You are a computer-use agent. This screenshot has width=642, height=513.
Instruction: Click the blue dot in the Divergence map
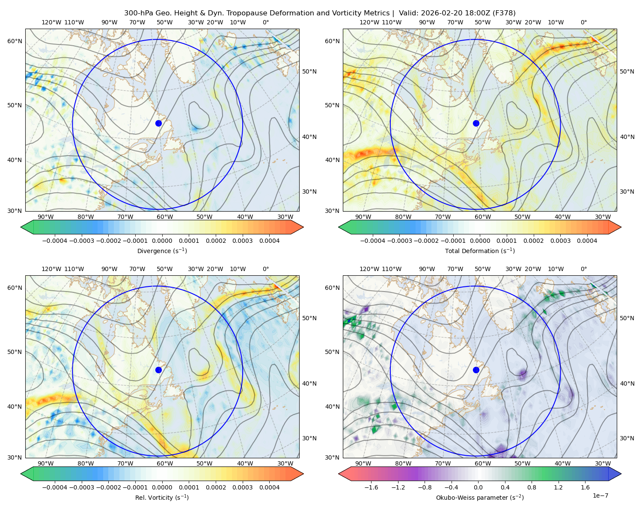click(x=158, y=123)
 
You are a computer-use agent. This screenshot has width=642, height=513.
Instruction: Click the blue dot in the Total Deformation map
click(x=476, y=123)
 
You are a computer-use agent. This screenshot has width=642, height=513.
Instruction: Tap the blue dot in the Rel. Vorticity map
click(x=158, y=370)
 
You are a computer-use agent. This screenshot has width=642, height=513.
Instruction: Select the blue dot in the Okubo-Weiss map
click(x=476, y=370)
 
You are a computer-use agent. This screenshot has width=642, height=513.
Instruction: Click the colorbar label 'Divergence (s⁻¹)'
click(x=162, y=251)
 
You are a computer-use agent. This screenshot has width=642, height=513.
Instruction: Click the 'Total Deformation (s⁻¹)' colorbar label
click(x=480, y=251)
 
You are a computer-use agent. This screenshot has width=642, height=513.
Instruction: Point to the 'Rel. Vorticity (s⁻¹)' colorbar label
click(x=162, y=498)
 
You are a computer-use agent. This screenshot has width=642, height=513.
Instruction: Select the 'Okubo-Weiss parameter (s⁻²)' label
click(x=480, y=498)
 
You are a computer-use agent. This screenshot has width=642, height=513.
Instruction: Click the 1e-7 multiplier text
click(x=600, y=495)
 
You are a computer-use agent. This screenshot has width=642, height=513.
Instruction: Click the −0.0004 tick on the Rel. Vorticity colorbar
click(x=54, y=487)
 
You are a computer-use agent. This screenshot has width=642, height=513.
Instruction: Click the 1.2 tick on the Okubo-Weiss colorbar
click(x=558, y=487)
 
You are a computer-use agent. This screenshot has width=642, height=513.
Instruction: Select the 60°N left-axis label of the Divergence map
click(x=15, y=41)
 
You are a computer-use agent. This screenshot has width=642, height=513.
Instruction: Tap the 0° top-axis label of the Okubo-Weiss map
click(x=583, y=269)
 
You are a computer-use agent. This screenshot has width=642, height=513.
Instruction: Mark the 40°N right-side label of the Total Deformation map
click(x=627, y=137)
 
